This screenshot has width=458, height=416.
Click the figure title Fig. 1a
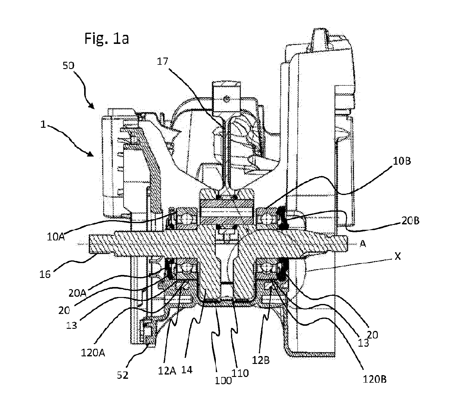coord(107,38)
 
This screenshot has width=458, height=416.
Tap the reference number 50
coord(68,66)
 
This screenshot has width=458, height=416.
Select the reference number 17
coord(162,61)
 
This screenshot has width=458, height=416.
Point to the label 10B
coord(402,161)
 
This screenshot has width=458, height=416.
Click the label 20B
coord(410,221)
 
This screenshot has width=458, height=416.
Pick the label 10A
coord(56,237)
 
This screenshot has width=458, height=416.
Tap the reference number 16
coord(45,274)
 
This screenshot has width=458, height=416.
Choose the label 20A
coord(77,293)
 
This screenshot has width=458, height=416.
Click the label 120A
coord(93,353)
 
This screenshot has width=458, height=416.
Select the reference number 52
coord(123,375)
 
